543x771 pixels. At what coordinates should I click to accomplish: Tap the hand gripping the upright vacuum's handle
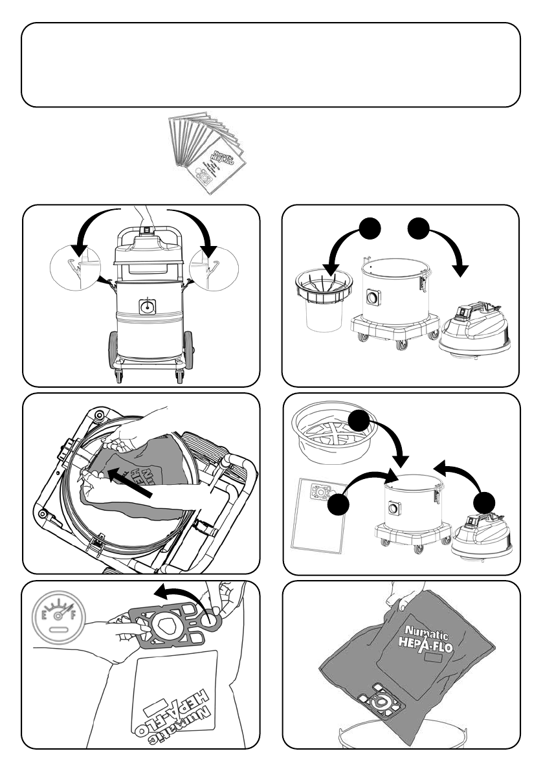point(146,218)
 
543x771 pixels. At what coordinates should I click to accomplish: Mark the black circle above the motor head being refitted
point(487,504)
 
